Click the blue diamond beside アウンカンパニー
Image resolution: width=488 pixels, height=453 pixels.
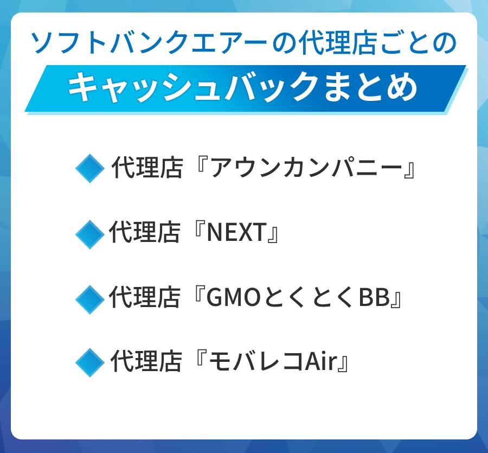pyautogui.click(x=89, y=168)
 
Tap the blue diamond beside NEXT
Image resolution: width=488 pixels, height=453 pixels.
pyautogui.click(x=89, y=234)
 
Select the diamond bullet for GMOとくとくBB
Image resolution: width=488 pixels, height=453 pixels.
pyautogui.click(x=89, y=298)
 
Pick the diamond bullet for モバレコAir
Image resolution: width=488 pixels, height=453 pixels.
pyautogui.click(x=89, y=362)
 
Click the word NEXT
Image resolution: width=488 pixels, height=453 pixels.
pyautogui.click(x=237, y=233)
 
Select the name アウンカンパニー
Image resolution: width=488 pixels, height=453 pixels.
pyautogui.click(x=306, y=169)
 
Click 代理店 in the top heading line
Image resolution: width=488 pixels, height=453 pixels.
pyautogui.click(x=331, y=43)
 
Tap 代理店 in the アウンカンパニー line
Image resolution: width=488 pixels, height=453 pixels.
pyautogui.click(x=146, y=169)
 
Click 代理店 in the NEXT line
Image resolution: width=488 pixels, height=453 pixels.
pyautogui.click(x=144, y=233)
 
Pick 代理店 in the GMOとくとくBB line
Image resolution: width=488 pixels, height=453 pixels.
pyautogui.click(x=144, y=298)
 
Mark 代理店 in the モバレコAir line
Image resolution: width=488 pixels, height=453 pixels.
pyautogui.click(x=145, y=362)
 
